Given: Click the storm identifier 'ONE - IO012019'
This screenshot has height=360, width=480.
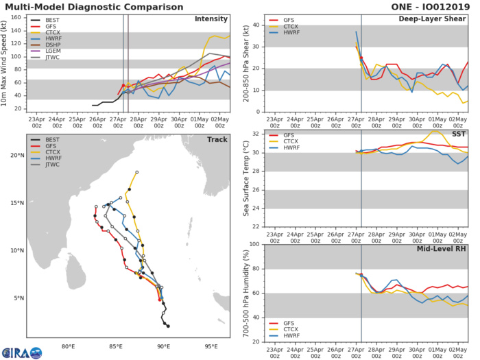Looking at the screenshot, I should (435, 5).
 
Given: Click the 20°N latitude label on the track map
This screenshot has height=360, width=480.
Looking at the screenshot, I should (17, 156).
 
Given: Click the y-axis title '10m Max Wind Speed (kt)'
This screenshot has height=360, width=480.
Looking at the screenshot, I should (6, 63).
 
